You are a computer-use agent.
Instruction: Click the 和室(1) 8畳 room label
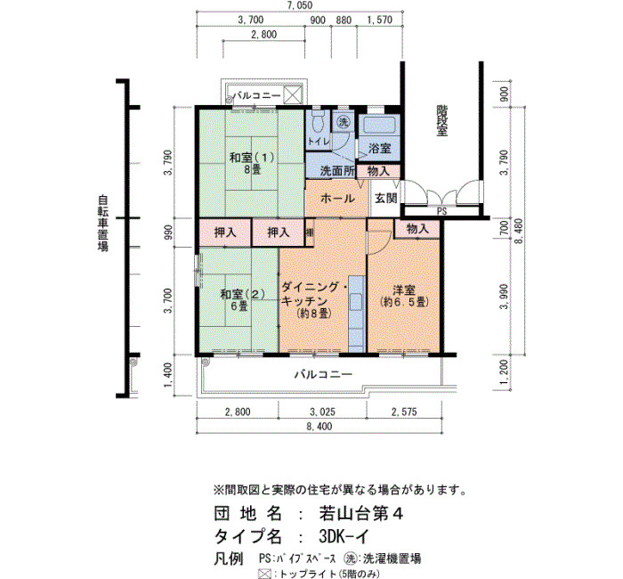[x=252, y=163]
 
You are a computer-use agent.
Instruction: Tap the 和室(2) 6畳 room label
[x=243, y=300]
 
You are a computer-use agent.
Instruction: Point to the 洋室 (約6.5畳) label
[x=404, y=296]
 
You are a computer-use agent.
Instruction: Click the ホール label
[x=337, y=198]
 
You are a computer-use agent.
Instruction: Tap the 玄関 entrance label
[x=386, y=198]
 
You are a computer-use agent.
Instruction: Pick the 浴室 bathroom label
[x=379, y=149]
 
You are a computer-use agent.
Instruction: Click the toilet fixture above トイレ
[x=319, y=122]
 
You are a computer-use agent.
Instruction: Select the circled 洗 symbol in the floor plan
[x=344, y=123]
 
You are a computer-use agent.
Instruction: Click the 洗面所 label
[x=337, y=171]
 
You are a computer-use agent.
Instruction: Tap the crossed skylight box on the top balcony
[x=293, y=95]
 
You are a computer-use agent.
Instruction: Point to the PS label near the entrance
[x=441, y=212]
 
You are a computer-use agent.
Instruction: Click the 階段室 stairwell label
[x=441, y=120]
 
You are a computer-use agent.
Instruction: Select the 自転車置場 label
[x=103, y=223]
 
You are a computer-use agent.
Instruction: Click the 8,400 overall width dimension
[x=319, y=427]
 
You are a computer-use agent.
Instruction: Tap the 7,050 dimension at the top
[x=300, y=5]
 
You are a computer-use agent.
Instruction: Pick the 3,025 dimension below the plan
[x=322, y=412]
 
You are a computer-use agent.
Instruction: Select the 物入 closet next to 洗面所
[x=378, y=171]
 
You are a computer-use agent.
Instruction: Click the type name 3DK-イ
[x=344, y=537]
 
